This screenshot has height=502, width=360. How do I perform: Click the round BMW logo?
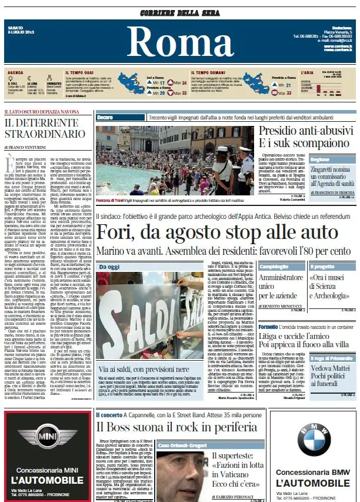coord(312,439)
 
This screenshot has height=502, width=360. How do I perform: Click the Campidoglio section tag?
coord(274,266)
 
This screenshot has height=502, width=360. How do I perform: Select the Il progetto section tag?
coord(322,266)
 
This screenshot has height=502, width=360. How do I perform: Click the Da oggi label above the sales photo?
coord(109,267)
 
